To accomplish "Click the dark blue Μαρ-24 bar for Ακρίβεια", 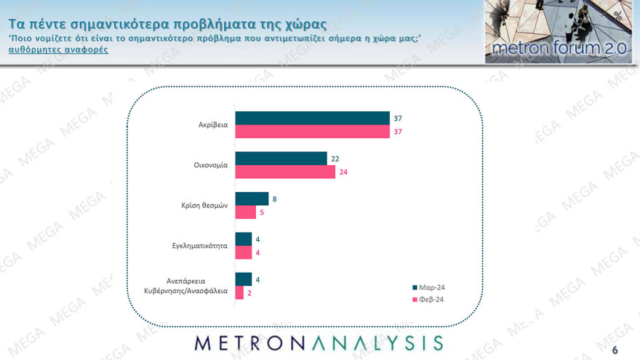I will (313, 119).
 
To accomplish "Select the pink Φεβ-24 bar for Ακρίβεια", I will (313, 132).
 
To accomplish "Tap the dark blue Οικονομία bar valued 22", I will (281, 159).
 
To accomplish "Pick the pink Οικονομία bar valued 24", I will (286, 172).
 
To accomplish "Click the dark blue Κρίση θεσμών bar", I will (252, 199).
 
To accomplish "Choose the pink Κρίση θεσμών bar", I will (246, 212).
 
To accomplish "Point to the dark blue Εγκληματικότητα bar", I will (244, 239).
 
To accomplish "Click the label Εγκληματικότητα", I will (196, 246).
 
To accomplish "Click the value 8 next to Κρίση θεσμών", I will (274, 199).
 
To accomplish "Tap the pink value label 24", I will (343, 172).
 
